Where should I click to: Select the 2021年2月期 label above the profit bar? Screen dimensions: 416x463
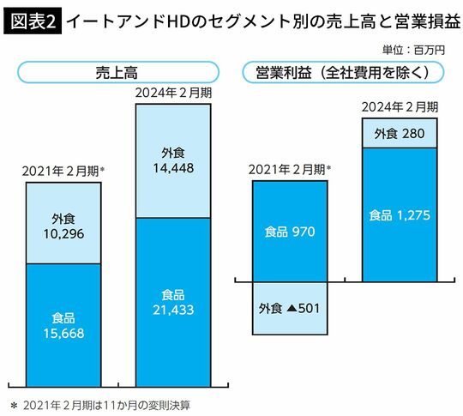tap(289, 168)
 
